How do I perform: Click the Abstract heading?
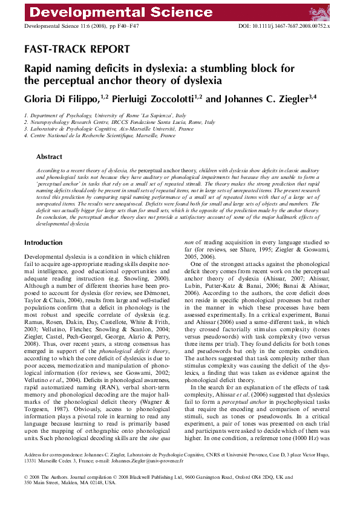[x=49, y=157]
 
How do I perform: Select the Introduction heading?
[x=43, y=242]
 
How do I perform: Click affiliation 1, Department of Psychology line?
[x=105, y=115]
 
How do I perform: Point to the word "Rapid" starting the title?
[x=39, y=68]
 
